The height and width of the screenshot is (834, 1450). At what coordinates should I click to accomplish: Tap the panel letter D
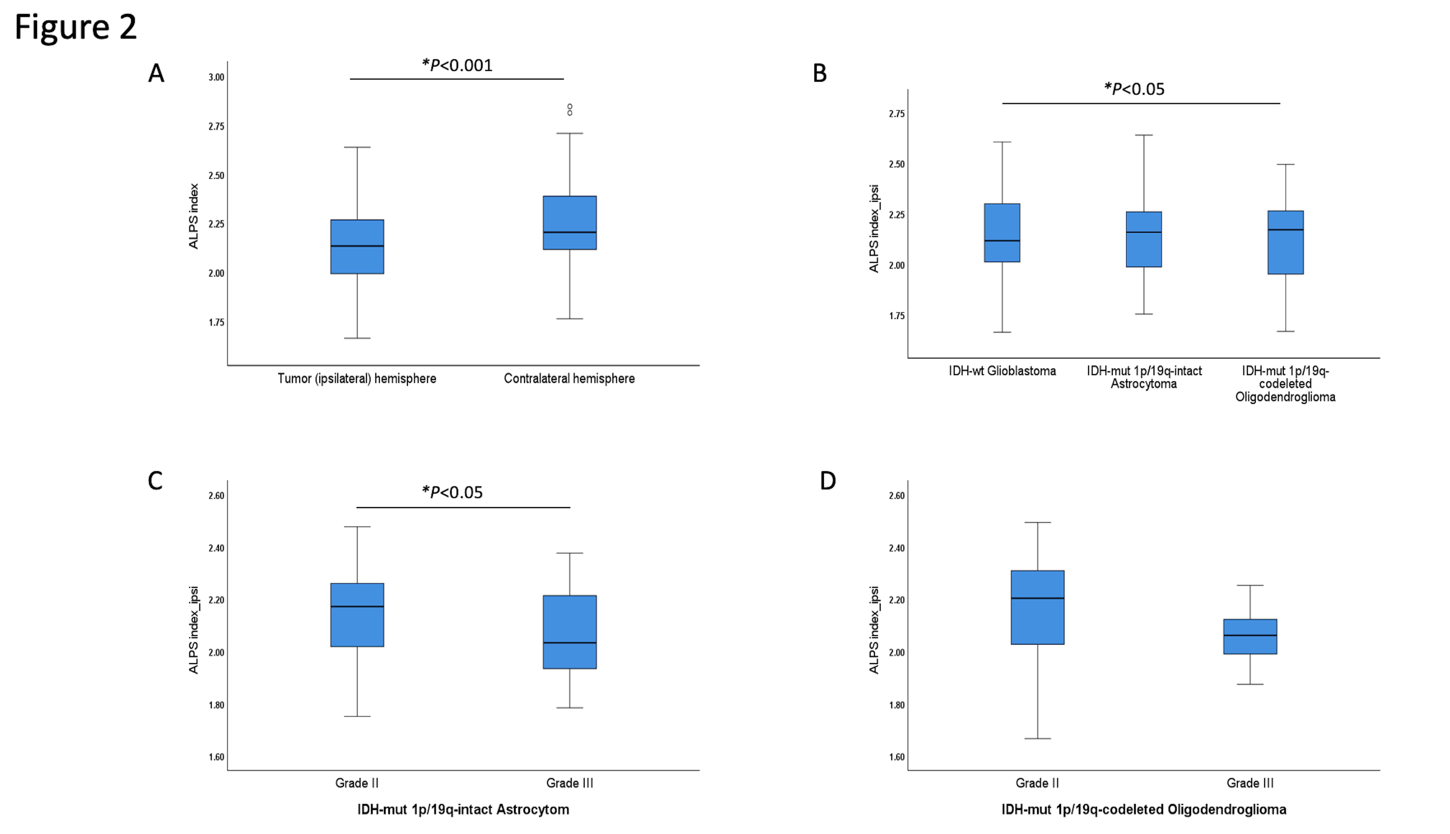tap(828, 481)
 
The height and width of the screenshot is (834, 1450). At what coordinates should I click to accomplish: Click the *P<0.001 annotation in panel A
tap(457, 65)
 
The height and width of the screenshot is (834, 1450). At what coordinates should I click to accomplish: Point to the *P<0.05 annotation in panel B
tap(1134, 89)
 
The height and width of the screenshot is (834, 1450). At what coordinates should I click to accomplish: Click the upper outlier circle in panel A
tap(570, 106)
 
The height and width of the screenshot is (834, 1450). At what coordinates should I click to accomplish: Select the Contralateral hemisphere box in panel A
tap(570, 223)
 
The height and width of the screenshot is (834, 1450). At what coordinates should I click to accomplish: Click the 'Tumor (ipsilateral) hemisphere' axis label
tap(357, 379)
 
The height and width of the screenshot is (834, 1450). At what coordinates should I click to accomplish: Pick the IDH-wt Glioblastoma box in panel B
tap(1002, 233)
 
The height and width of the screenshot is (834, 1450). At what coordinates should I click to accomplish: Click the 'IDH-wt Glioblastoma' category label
tap(1002, 371)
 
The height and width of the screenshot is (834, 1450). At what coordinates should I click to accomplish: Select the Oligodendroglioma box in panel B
tap(1286, 242)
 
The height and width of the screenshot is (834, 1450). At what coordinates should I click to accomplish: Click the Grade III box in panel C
tap(570, 632)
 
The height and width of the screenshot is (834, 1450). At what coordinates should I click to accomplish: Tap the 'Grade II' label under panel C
tap(357, 783)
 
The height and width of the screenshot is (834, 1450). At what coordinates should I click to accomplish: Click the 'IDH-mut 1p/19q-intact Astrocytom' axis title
tap(463, 809)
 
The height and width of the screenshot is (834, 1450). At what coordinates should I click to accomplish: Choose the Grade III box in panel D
tap(1250, 636)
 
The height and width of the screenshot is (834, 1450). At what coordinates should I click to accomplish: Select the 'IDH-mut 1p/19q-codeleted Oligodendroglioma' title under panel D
tap(1144, 809)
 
